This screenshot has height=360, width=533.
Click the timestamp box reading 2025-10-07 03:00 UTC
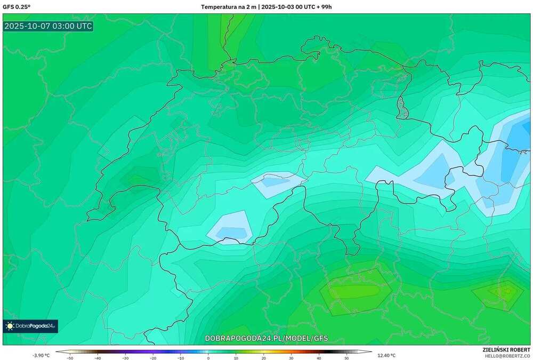[48, 26]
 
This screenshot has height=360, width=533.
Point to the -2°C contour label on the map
[522, 153]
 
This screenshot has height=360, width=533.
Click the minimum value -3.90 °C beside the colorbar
[41, 355]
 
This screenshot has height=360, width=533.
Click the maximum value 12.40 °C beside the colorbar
[386, 355]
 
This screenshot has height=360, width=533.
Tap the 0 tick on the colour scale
[208, 358]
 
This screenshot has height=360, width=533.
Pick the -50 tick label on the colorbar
[70, 358]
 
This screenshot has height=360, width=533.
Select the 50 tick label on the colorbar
[346, 358]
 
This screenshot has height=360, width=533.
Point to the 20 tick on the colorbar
[263, 358]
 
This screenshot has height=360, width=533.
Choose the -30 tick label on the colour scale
[125, 358]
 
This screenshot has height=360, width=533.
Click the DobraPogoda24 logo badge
[30, 325]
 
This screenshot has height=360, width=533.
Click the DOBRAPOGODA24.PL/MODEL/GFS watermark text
[266, 338]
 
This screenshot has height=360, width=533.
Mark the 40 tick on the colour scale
[319, 358]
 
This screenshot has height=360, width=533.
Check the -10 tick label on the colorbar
[181, 358]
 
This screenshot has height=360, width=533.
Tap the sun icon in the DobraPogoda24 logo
[10, 325]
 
